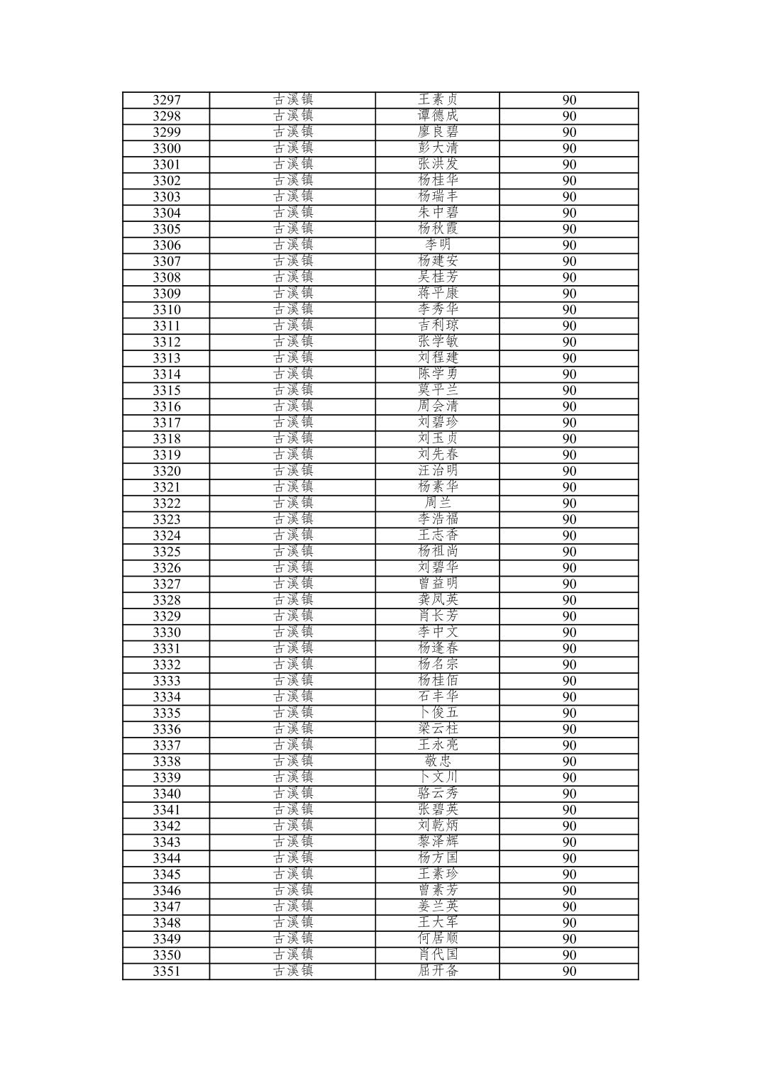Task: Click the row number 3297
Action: pyautogui.click(x=166, y=100)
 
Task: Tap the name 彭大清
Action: pyautogui.click(x=437, y=148)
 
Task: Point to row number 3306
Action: pyautogui.click(x=166, y=245)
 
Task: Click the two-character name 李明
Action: pyautogui.click(x=437, y=245)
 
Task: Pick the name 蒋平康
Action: pyautogui.click(x=437, y=294)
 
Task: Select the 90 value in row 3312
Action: pyautogui.click(x=569, y=342)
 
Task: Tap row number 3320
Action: pyautogui.click(x=166, y=472)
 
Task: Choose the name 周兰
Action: pyautogui.click(x=437, y=504)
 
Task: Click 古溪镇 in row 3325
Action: pyautogui.click(x=292, y=552)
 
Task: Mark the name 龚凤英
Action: pyautogui.click(x=437, y=600)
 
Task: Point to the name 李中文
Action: pyautogui.click(x=437, y=633)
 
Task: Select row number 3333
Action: pyautogui.click(x=166, y=681)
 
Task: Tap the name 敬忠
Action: pyautogui.click(x=437, y=762)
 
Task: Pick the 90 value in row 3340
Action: pyautogui.click(x=569, y=794)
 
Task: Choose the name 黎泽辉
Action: pyautogui.click(x=437, y=842)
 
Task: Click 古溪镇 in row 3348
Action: pyautogui.click(x=292, y=923)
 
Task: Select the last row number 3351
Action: pyautogui.click(x=166, y=972)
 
